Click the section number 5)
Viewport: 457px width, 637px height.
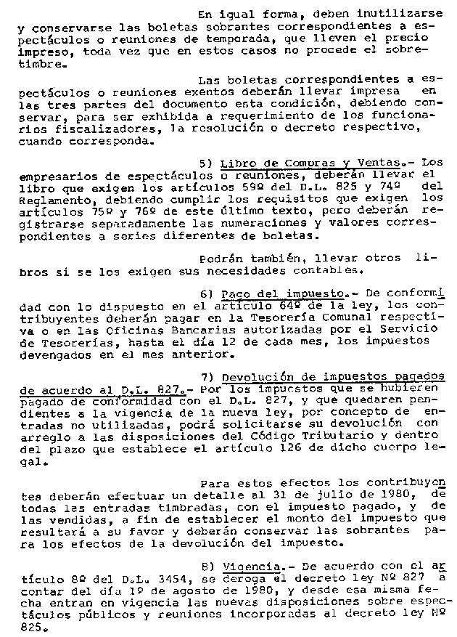click(205, 162)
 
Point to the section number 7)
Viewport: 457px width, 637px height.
click(205, 378)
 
